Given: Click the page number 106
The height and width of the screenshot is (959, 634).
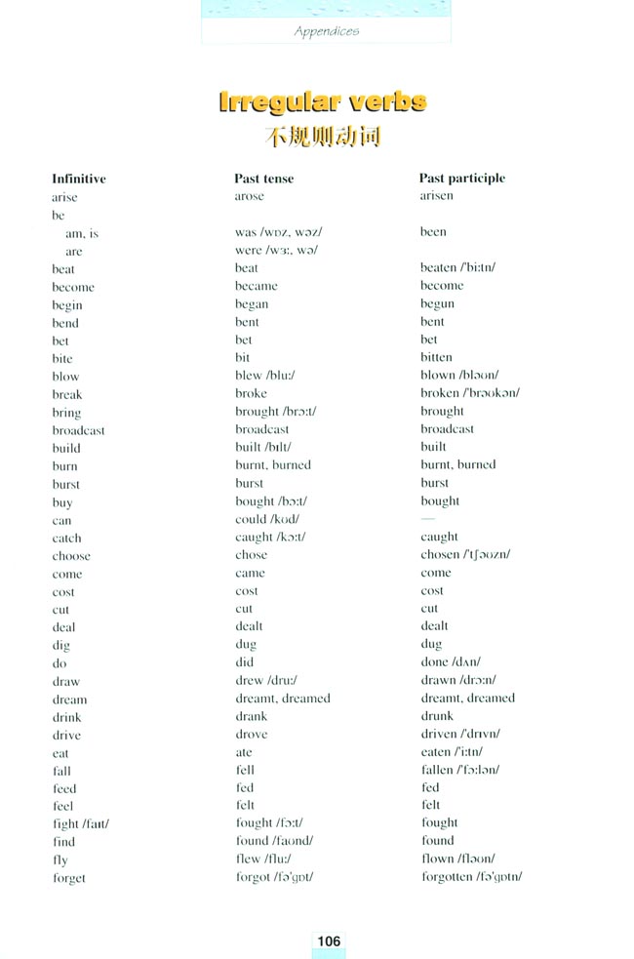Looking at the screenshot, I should tap(329, 940).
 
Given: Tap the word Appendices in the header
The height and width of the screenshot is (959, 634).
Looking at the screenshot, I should tap(327, 31).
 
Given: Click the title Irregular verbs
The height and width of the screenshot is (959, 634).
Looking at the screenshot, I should tap(323, 102).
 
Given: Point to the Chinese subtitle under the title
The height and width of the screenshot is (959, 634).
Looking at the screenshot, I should tap(323, 137).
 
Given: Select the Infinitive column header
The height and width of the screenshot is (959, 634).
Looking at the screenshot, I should tap(79, 179).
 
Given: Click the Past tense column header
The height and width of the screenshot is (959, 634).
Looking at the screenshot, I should tap(263, 179).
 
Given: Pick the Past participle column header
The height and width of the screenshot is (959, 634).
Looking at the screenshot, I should tap(462, 179).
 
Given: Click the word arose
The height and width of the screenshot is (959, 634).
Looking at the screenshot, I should tap(250, 196).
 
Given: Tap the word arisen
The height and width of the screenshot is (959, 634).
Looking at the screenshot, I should tap(437, 196).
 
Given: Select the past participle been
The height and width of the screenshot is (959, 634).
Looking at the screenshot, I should tap(434, 232).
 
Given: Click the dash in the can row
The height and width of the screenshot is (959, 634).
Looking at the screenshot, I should tap(428, 519).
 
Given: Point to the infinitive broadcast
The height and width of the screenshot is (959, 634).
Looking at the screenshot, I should tap(79, 430).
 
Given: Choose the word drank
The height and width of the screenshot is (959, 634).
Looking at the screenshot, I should tap(251, 716).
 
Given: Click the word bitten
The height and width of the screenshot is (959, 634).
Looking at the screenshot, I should tap(437, 358).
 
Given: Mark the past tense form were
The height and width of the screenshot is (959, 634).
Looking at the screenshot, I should tap(248, 251).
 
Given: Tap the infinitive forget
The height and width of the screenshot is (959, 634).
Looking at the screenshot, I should tap(69, 878).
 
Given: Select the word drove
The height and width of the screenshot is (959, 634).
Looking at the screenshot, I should tap(251, 734).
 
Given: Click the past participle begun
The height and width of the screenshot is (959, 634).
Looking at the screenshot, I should tap(438, 304).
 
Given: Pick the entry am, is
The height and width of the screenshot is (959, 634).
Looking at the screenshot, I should tap(82, 234).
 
